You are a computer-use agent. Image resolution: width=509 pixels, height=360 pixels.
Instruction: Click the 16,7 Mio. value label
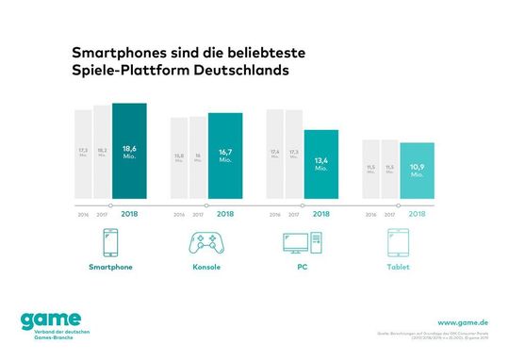click(225, 155)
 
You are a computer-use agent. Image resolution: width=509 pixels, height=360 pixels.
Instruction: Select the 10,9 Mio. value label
click(416, 170)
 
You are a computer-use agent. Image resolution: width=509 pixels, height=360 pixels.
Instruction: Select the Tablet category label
click(397, 269)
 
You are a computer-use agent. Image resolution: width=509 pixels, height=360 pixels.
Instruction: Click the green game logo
click(47, 320)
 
